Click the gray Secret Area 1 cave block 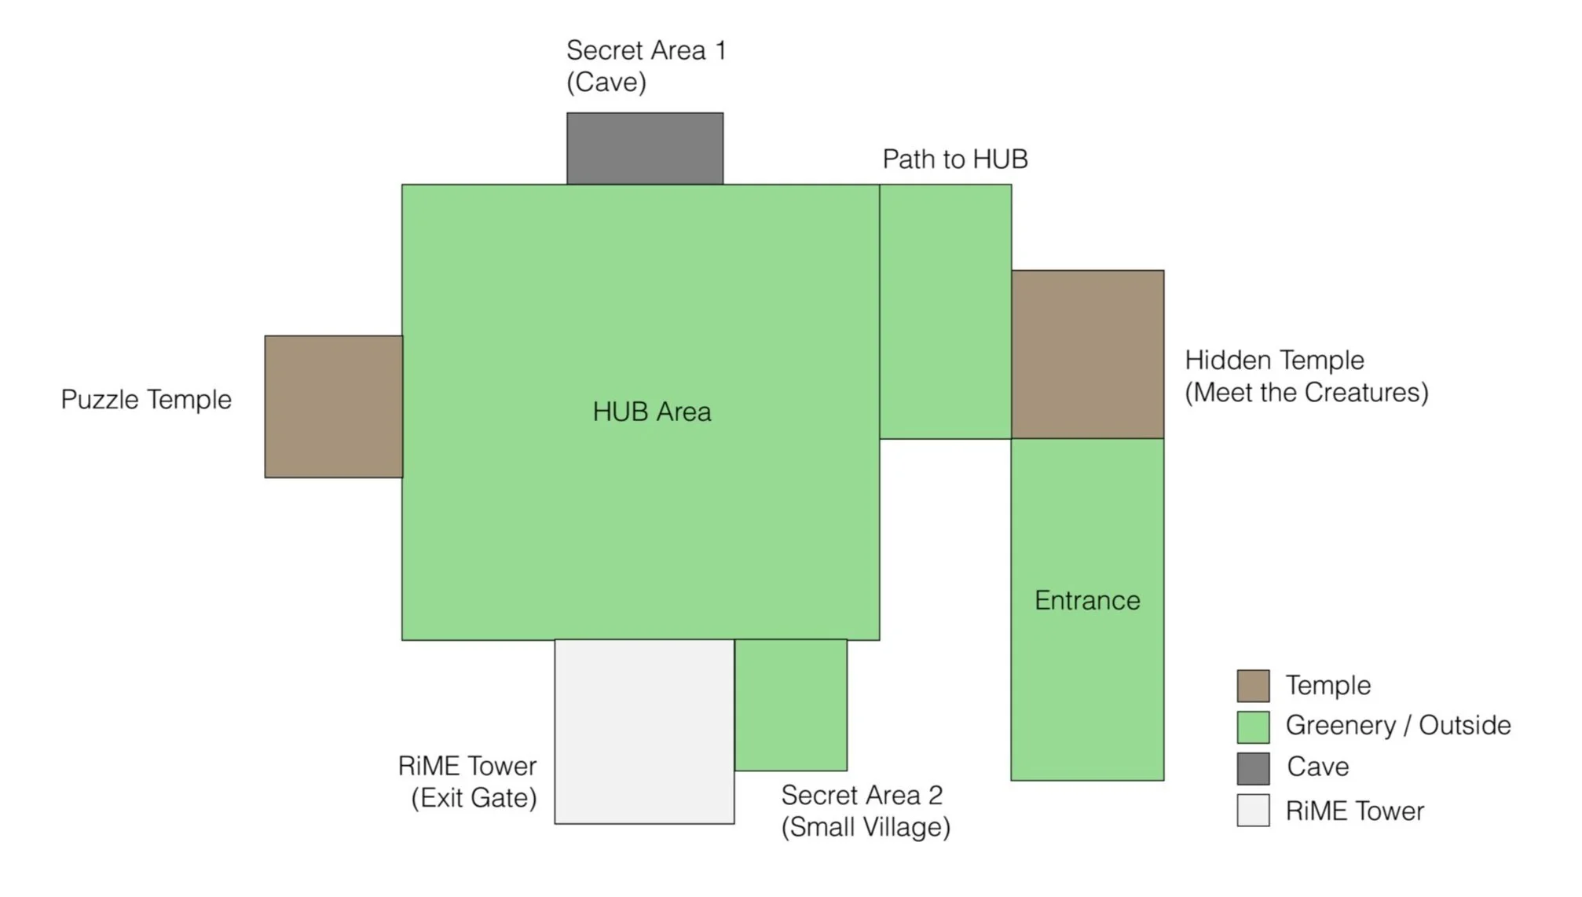645,148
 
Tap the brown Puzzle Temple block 334,407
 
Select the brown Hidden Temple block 1087,354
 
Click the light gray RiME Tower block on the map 644,731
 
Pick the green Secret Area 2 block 791,705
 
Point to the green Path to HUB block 945,312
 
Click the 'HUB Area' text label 652,412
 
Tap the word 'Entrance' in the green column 1087,600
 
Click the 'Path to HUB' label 955,159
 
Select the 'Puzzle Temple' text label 146,400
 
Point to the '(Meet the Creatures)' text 1306,393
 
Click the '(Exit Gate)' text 474,798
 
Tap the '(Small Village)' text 866,827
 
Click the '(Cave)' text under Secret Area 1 606,82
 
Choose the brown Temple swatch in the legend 1253,686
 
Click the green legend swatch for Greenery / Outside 1253,727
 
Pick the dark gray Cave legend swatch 1253,768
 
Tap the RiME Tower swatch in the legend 1253,811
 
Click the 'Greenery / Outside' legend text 1398,725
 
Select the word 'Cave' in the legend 1317,767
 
